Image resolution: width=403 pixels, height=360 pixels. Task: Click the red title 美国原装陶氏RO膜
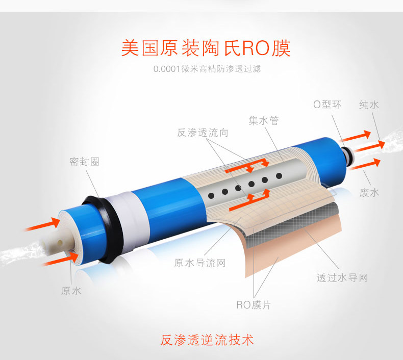pos(206,48)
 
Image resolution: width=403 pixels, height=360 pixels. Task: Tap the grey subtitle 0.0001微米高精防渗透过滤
pos(207,69)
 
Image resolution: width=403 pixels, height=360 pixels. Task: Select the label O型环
pos(327,105)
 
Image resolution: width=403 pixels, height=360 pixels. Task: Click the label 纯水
pos(369,105)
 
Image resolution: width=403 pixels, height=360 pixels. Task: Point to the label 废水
pos(369,192)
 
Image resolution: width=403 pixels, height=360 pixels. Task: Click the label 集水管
pos(263,120)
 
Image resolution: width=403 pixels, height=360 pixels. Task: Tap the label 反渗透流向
pos(203,133)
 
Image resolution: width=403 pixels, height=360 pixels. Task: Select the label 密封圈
pos(84,161)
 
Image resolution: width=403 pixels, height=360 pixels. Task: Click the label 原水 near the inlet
pos(71,291)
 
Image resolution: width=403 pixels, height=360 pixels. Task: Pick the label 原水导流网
pos(199,263)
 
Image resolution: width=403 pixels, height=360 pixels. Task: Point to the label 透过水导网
pos(342,278)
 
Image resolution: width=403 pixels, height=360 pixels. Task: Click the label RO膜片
pos(254,305)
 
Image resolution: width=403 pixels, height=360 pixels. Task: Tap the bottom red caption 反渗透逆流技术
pos(207,340)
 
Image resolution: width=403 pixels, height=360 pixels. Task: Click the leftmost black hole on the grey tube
pos(211,196)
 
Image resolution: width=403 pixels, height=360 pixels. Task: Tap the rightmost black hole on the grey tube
pos(279,176)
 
